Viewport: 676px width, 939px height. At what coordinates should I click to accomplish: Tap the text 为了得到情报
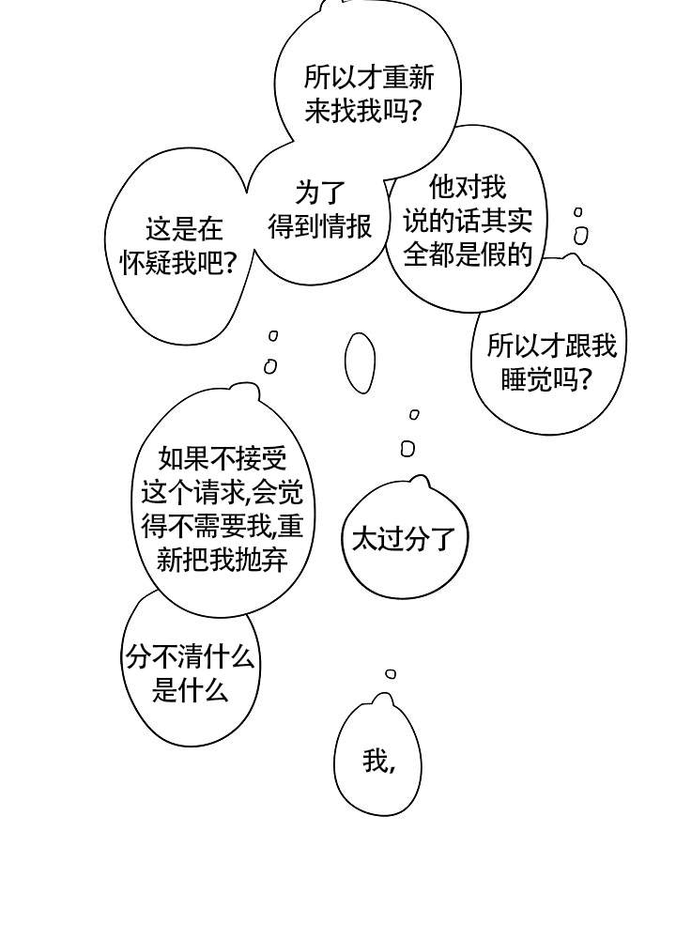point(320,210)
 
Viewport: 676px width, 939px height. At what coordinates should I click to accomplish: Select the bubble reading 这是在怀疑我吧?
point(178,246)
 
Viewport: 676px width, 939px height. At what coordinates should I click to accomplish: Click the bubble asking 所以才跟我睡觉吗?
point(551,362)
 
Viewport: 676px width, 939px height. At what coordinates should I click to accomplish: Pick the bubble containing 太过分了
point(403,538)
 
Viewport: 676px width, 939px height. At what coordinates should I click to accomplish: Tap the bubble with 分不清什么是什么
point(191,674)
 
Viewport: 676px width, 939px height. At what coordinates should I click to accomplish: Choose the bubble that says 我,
point(378,761)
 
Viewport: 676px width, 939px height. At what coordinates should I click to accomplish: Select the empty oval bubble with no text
point(360,362)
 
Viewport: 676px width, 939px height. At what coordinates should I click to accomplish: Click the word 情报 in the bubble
point(346,226)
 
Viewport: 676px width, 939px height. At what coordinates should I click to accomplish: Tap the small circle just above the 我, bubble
point(391,673)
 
